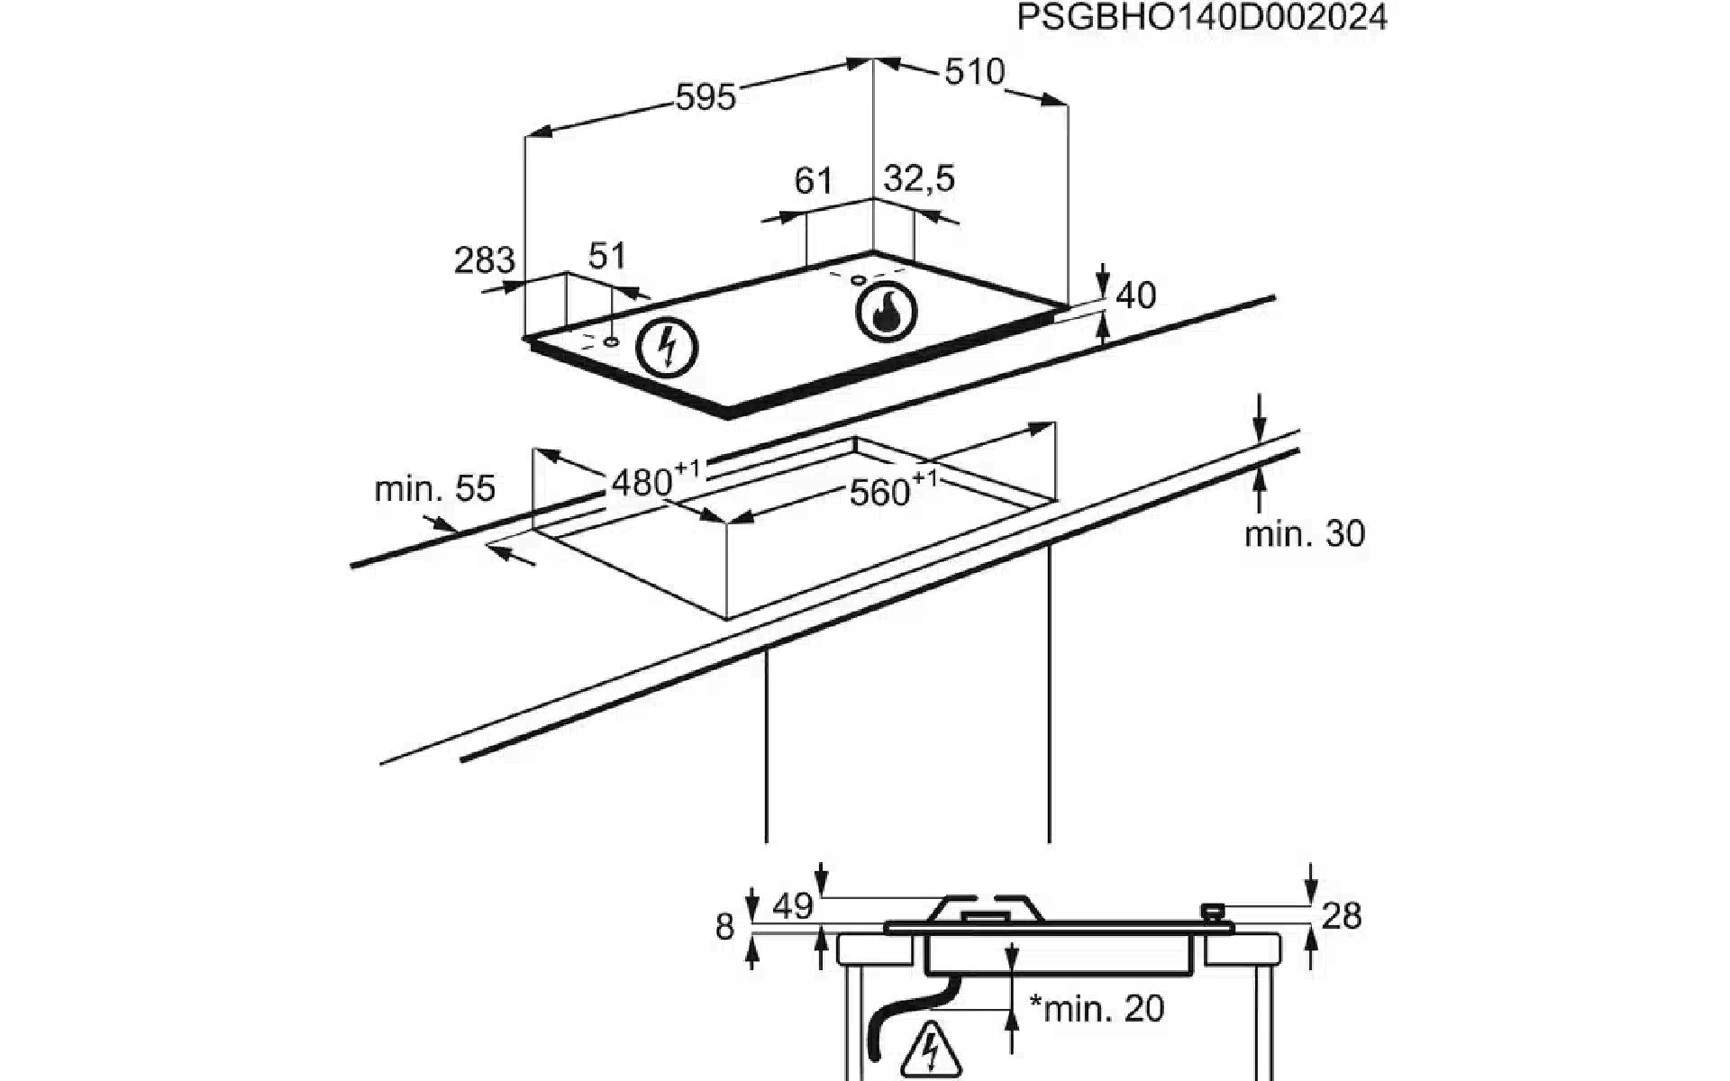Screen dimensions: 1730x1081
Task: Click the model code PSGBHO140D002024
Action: pyautogui.click(x=1202, y=18)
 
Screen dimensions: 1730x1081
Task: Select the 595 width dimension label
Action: pyautogui.click(x=706, y=96)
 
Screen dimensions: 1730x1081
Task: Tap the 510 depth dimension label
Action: pyautogui.click(x=974, y=72)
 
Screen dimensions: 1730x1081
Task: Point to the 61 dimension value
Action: pyautogui.click(x=813, y=181)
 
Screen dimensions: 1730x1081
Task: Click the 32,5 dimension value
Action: pyautogui.click(x=919, y=179)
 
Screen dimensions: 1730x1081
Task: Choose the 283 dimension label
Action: pyautogui.click(x=485, y=260)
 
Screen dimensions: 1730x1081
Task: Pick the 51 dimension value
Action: pyautogui.click(x=606, y=256)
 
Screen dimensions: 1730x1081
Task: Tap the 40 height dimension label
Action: pyautogui.click(x=1135, y=295)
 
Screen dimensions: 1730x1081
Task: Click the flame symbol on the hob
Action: pyautogui.click(x=886, y=313)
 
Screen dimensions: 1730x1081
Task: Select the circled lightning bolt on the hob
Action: pyautogui.click(x=667, y=348)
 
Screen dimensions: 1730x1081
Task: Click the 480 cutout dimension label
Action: pyautogui.click(x=656, y=480)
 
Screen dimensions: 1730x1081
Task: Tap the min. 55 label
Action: pyautogui.click(x=434, y=488)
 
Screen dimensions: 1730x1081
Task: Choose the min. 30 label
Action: pyautogui.click(x=1305, y=534)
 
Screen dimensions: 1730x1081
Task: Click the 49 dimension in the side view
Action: pyautogui.click(x=793, y=906)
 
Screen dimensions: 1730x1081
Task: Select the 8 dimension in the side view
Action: pyautogui.click(x=724, y=926)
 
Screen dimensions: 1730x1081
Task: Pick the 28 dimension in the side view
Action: pyautogui.click(x=1342, y=917)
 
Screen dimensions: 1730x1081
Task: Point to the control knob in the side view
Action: pyautogui.click(x=1216, y=913)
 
